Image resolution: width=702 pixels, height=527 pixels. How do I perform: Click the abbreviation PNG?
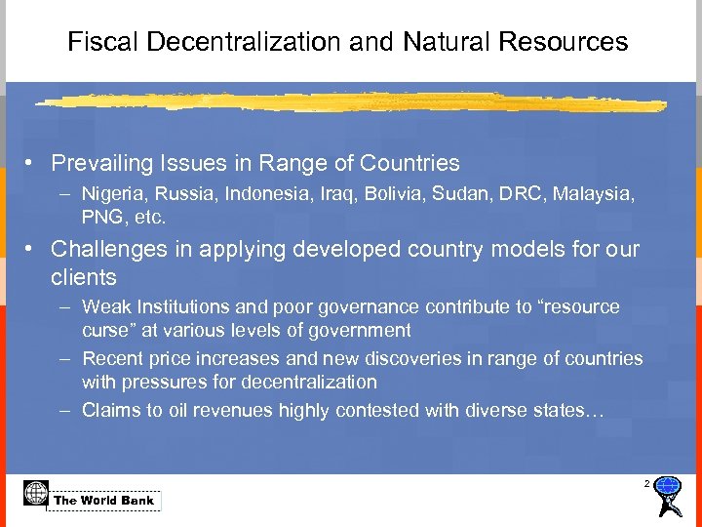click(x=101, y=216)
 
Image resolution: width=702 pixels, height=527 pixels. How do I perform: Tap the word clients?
click(x=83, y=277)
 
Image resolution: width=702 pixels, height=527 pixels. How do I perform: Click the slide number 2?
click(x=645, y=484)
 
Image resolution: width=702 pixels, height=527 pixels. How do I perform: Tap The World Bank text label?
click(x=104, y=501)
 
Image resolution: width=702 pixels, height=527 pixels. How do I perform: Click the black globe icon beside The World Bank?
click(x=35, y=493)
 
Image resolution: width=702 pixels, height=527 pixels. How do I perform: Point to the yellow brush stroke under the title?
click(x=351, y=101)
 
